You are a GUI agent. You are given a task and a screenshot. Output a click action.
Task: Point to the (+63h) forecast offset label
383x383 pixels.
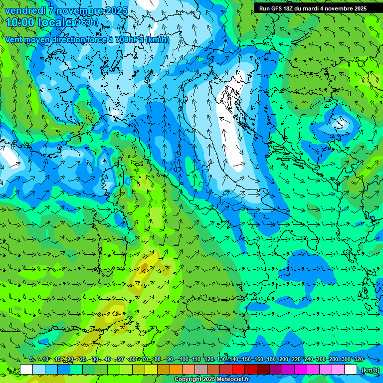(87, 22)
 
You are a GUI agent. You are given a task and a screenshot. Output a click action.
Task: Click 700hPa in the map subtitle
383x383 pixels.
(129, 39)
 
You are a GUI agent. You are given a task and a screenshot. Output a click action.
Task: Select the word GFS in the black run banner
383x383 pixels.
(278, 8)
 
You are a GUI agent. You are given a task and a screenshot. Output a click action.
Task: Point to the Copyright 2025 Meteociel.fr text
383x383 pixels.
(211, 380)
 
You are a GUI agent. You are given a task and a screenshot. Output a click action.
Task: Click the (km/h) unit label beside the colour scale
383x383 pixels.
(370, 370)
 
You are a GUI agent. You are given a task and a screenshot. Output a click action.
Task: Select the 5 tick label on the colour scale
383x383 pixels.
(32, 359)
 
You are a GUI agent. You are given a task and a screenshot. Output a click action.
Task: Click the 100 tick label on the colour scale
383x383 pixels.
(184, 359)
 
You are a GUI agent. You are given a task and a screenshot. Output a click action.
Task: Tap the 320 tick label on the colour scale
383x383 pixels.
(358, 359)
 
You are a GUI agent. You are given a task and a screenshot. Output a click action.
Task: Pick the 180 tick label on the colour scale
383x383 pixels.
(271, 359)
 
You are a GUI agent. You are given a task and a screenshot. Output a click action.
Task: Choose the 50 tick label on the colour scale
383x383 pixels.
(120, 359)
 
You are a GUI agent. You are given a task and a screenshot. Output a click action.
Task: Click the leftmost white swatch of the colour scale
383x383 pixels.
(26, 370)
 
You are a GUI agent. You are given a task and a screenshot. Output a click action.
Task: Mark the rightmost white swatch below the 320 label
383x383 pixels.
(351, 370)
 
